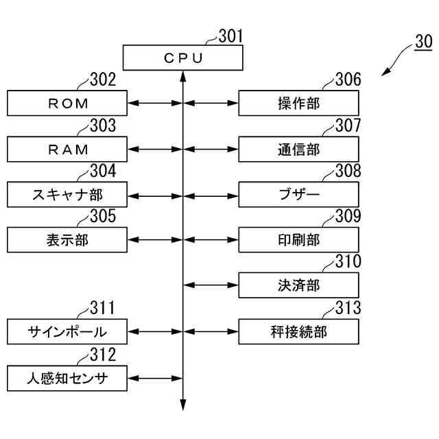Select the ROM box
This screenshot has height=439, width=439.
[67, 104]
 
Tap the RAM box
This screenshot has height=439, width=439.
[67, 149]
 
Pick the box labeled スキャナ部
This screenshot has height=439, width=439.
[67, 194]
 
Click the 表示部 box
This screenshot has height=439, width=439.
[67, 239]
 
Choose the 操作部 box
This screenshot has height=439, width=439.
[298, 104]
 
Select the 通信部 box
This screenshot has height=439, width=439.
[298, 149]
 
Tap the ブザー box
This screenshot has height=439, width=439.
[298, 194]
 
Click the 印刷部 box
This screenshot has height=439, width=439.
[298, 239]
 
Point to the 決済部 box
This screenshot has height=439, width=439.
[298, 285]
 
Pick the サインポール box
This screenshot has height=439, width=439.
[67, 332]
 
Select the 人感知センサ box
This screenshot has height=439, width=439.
[67, 377]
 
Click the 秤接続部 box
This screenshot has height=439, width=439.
[298, 332]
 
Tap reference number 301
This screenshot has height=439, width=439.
[230, 36]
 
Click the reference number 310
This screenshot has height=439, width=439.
[347, 262]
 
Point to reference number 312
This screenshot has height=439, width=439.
[102, 355]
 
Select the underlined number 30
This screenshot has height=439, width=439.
[423, 43]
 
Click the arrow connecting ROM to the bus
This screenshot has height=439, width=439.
[155, 104]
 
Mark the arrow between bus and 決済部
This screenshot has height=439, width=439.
[211, 285]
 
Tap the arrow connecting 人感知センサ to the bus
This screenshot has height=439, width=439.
[155, 377]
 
